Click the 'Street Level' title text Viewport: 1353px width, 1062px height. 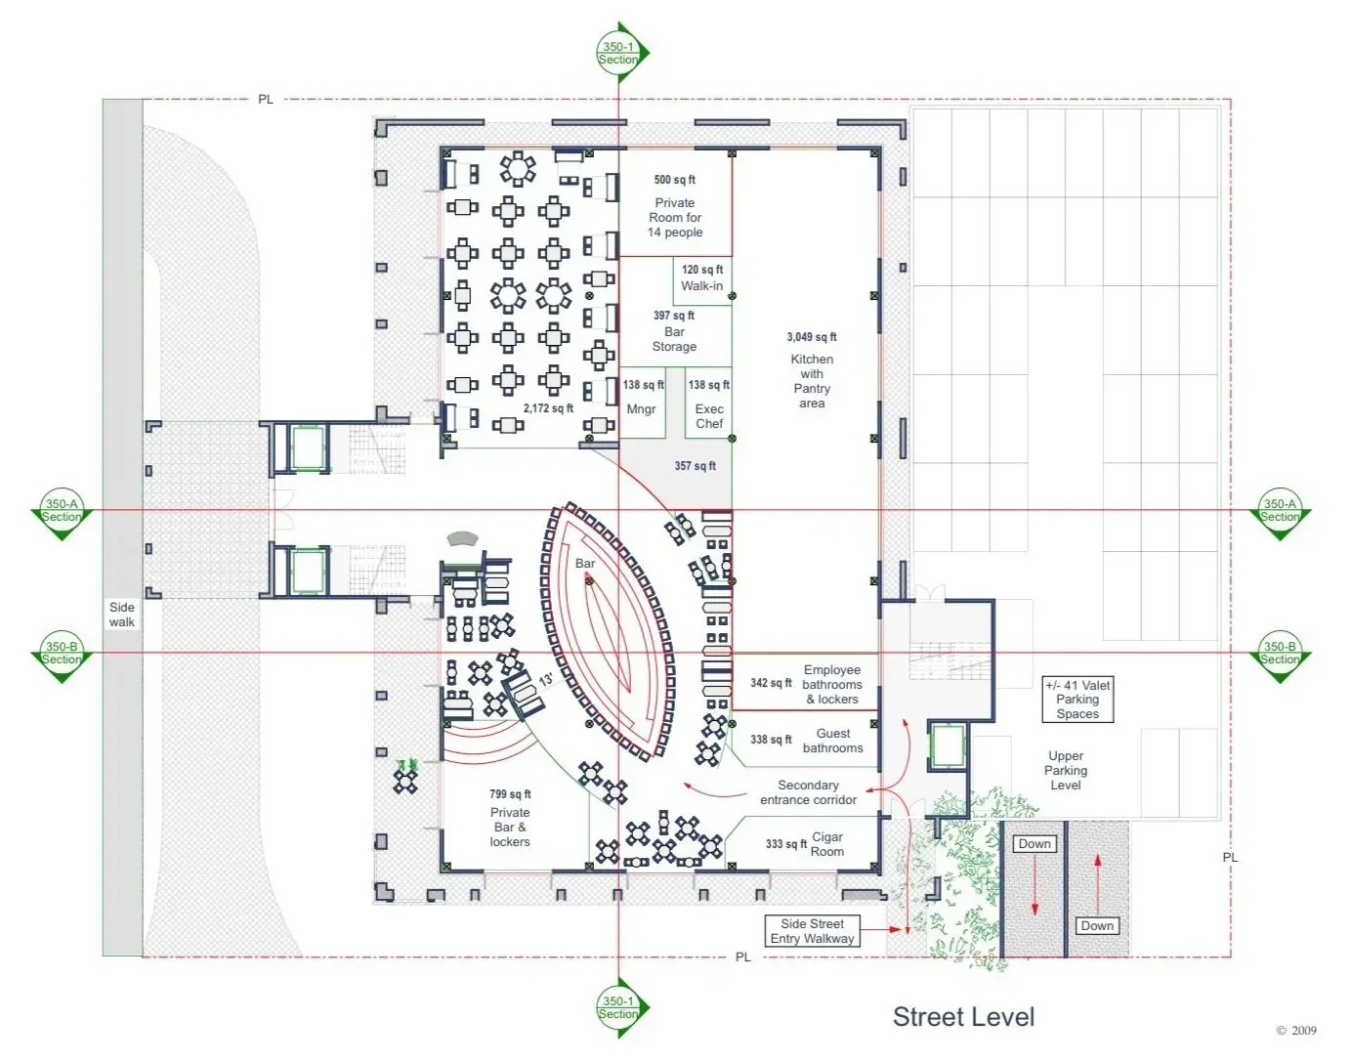963,1016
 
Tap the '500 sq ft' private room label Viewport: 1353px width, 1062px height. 674,180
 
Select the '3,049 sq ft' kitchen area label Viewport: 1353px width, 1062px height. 811,337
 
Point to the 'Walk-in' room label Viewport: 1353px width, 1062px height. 701,286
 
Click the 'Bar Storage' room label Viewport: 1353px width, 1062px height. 674,339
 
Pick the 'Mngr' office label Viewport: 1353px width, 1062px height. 641,409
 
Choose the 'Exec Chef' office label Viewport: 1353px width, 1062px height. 709,416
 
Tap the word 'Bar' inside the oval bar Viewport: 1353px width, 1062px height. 585,564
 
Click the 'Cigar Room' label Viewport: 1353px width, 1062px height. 826,844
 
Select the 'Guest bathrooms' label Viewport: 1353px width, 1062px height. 833,741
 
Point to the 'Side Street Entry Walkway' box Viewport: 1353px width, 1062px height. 812,931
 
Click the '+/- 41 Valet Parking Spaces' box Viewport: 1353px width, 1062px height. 1078,700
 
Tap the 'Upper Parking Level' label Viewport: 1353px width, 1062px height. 1066,771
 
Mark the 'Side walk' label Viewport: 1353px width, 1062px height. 122,616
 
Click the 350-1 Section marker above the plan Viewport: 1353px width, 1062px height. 618,53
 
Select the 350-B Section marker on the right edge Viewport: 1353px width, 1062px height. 1280,653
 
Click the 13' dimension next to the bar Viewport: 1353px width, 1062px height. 546,680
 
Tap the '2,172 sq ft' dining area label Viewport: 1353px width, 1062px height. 548,408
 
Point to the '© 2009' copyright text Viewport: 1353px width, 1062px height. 1296,1031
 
